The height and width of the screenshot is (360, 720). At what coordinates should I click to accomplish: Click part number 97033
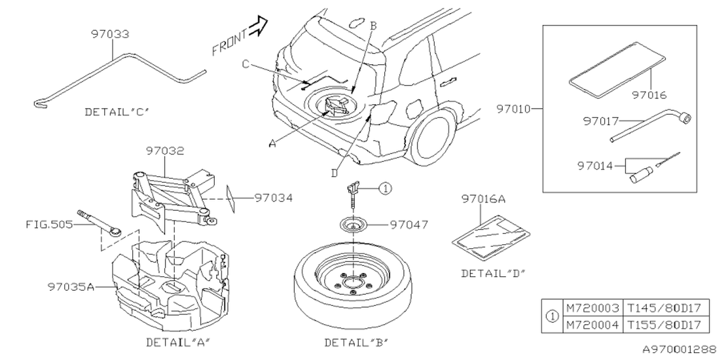pyautogui.click(x=110, y=34)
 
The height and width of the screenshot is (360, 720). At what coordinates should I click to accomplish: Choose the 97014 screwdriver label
pyautogui.click(x=595, y=165)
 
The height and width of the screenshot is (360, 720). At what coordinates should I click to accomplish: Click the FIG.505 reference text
pyautogui.click(x=49, y=225)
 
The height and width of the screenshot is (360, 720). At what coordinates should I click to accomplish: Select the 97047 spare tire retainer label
pyautogui.click(x=409, y=225)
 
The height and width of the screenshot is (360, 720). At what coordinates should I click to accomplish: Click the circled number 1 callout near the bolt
pyautogui.click(x=384, y=189)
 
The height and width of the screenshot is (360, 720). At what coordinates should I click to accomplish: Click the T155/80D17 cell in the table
pyautogui.click(x=665, y=325)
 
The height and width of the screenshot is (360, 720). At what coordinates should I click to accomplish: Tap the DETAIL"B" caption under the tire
pyautogui.click(x=356, y=342)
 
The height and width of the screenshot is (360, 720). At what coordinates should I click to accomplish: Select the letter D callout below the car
pyautogui.click(x=334, y=173)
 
